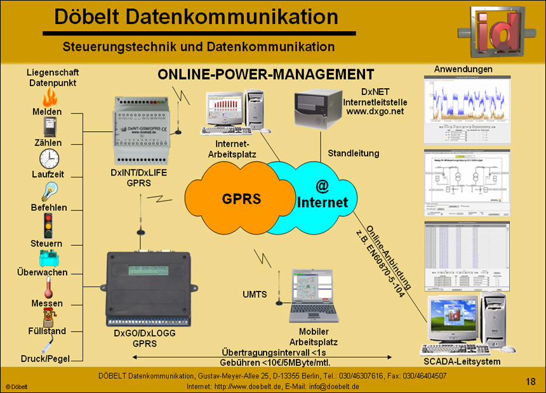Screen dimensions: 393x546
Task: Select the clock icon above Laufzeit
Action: point(50,158)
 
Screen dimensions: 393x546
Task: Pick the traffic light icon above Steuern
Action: point(48,225)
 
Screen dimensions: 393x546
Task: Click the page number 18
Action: point(531,382)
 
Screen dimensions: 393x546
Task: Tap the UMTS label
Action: point(255,295)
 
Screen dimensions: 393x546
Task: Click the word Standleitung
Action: point(354,153)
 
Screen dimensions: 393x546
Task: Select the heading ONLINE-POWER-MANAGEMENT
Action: point(265,74)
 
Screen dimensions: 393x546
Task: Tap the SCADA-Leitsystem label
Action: point(461,361)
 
